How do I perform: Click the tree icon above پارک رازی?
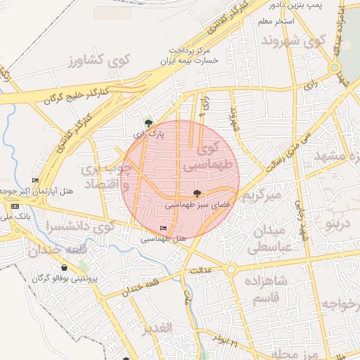pyautogui.click(x=148, y=122)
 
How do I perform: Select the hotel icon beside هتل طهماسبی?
pyautogui.click(x=164, y=228)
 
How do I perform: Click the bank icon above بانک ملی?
pyautogui.click(x=15, y=207)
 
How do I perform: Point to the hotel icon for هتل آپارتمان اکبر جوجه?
pyautogui.click(x=35, y=181)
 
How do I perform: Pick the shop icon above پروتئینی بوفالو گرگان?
pyautogui.click(x=65, y=267)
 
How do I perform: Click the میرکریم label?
pyautogui.click(x=262, y=195)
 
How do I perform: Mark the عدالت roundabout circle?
pyautogui.click(x=230, y=269)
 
